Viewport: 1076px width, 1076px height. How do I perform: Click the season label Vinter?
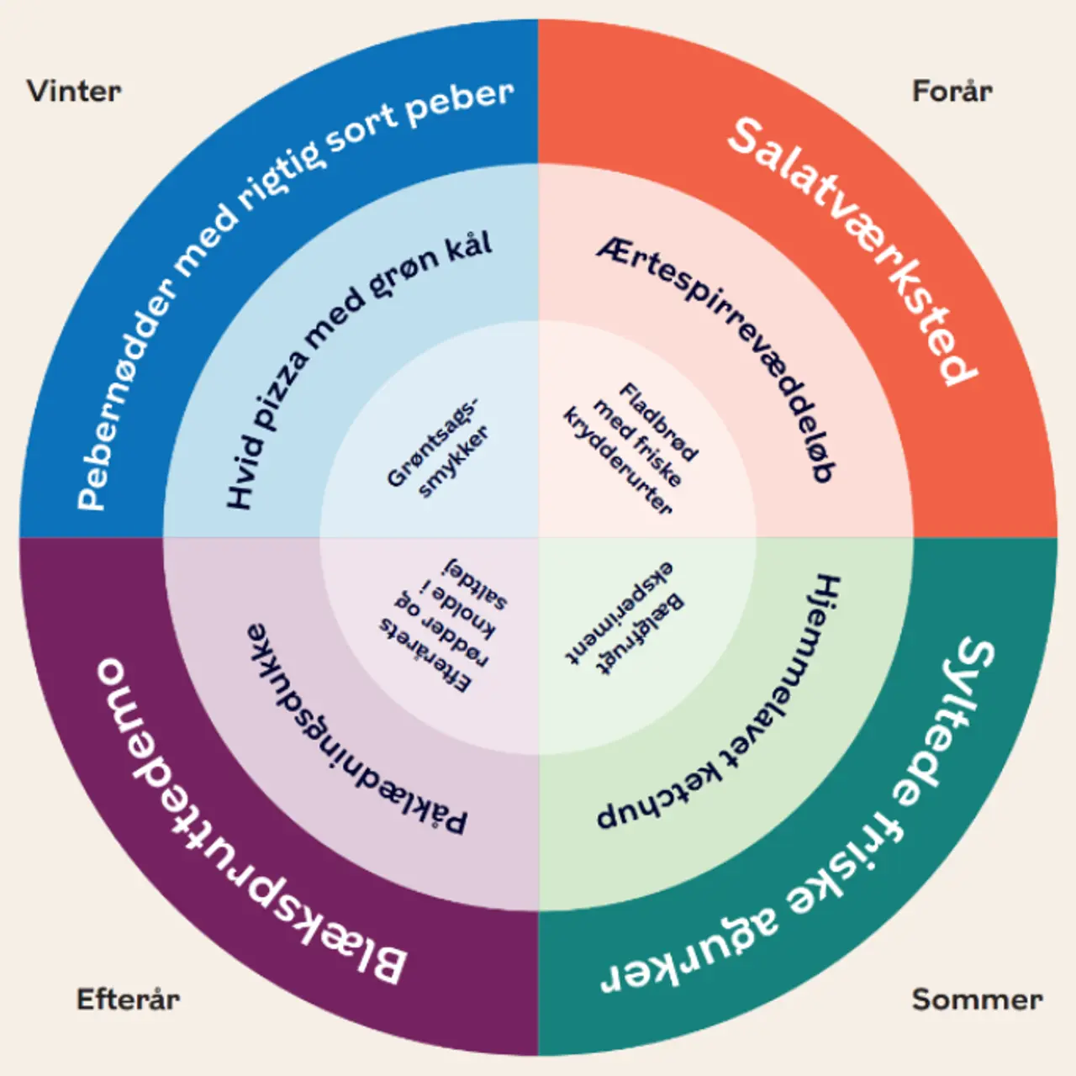[x=74, y=91]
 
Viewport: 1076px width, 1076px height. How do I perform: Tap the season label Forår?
[x=952, y=91]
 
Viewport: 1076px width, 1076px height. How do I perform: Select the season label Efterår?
[x=128, y=1000]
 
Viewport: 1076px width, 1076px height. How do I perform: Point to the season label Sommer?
[x=977, y=1000]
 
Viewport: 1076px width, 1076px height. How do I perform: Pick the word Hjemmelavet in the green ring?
[x=793, y=664]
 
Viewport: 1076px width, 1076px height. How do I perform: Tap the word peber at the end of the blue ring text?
[x=459, y=103]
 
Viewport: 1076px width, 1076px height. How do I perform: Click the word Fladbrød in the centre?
[x=659, y=422]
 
